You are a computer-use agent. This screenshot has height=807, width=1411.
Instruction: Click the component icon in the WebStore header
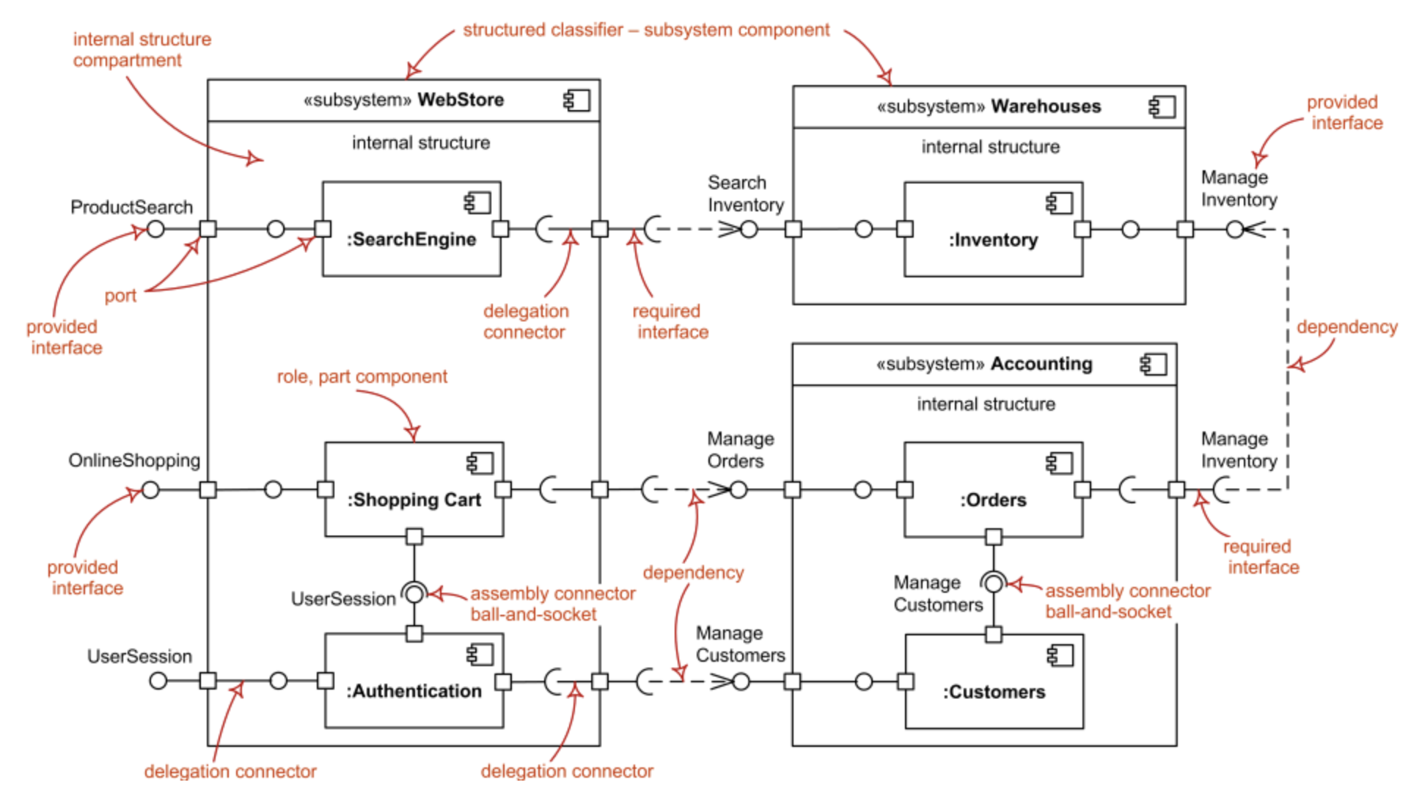576,100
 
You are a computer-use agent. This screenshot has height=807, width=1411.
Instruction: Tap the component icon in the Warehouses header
1162,106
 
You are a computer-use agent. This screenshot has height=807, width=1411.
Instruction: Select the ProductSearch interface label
131,208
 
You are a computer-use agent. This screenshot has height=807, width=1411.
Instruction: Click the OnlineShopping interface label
134,461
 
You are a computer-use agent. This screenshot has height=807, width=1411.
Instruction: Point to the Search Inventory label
745,194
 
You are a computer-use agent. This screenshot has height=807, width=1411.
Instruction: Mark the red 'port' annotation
120,296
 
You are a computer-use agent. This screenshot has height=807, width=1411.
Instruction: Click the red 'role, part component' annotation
362,376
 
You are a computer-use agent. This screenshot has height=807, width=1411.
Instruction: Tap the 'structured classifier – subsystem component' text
645,30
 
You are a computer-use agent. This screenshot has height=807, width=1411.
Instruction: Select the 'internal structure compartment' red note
142,49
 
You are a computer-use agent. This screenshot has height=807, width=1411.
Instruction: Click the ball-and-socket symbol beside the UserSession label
414,593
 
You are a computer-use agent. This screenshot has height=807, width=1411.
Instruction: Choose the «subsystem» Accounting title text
984,364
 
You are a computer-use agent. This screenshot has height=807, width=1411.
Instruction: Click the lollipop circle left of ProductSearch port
155,229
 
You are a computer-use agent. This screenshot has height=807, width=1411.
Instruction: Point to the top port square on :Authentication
414,634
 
